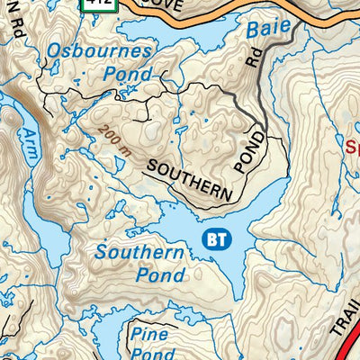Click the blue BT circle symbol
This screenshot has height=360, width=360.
tap(216, 239)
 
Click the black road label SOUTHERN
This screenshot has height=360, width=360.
tap(188, 180)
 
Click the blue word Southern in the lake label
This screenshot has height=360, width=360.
tap(140, 254)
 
